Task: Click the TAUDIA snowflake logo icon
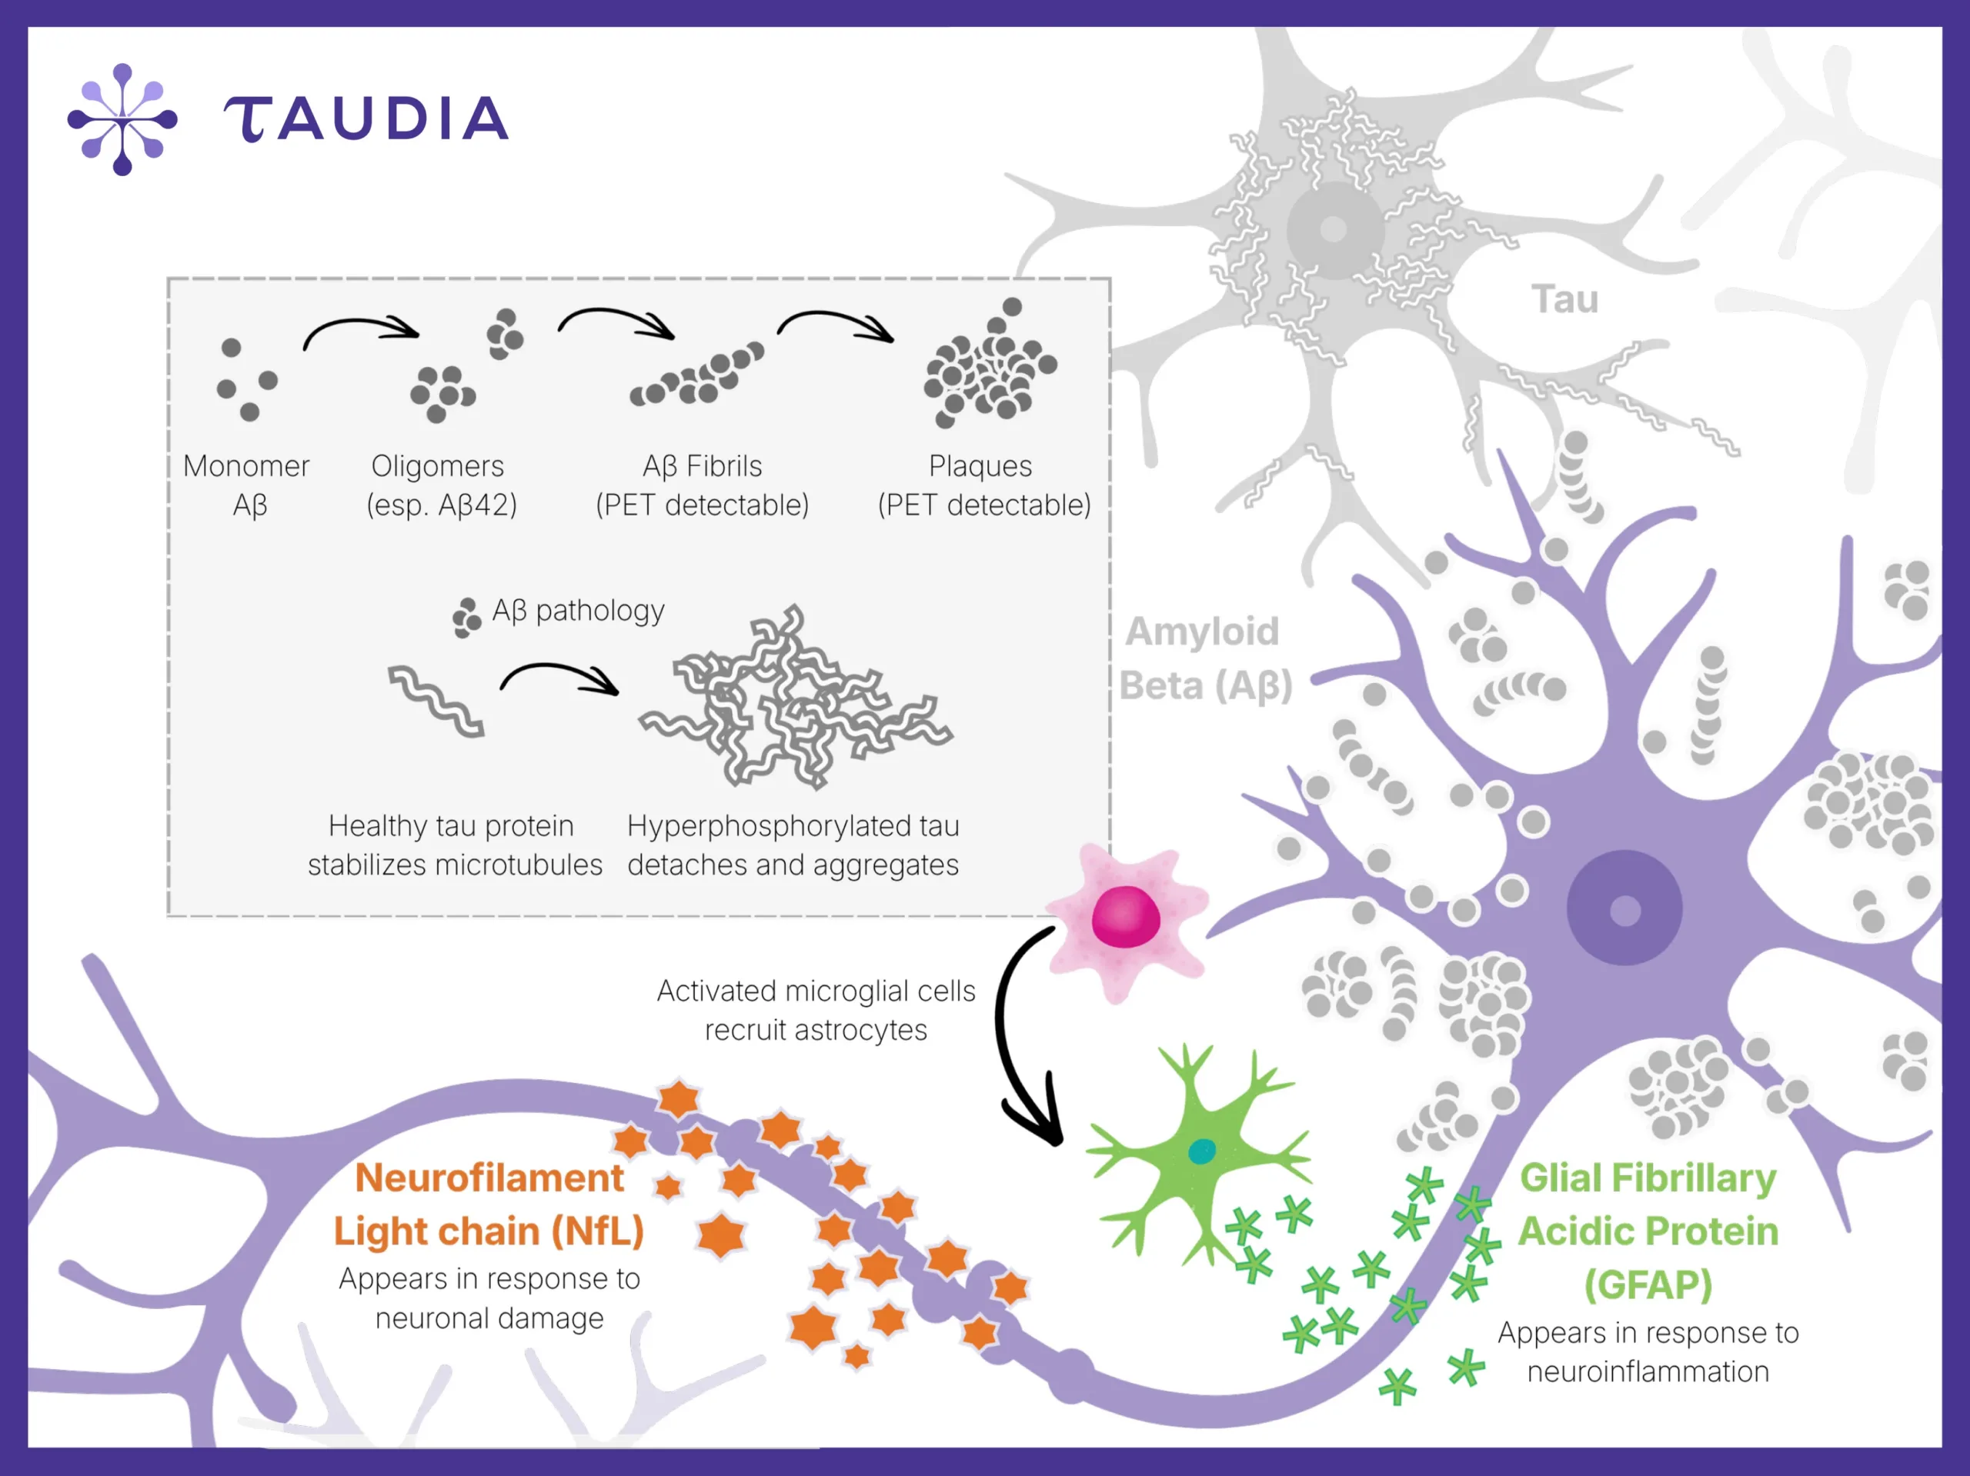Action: point(122,119)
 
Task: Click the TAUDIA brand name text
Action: point(366,119)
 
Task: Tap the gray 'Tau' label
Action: point(1564,299)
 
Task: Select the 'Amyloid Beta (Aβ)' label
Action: point(1204,658)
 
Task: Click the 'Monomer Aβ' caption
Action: point(247,485)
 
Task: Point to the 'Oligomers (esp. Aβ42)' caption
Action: point(440,485)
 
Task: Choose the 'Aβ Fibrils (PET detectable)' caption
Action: point(702,485)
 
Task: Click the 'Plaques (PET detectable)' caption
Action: point(983,485)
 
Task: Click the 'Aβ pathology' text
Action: point(578,611)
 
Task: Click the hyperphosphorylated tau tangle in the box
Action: point(793,699)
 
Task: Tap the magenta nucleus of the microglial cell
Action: point(1126,917)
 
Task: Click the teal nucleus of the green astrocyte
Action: point(1201,1151)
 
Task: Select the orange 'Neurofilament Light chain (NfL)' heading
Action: point(489,1205)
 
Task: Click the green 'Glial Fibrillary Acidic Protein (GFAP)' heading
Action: point(1648,1232)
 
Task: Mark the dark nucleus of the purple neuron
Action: point(1624,909)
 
